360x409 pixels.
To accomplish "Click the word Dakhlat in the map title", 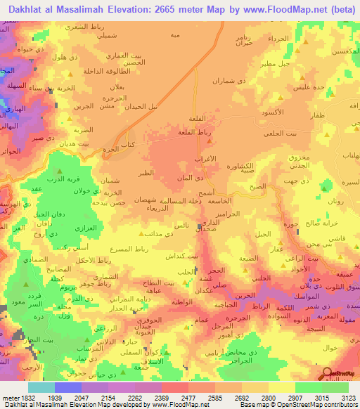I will [25, 9].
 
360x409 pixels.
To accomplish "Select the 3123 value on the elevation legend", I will [348, 397].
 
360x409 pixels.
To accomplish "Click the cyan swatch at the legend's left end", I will [41, 387].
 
